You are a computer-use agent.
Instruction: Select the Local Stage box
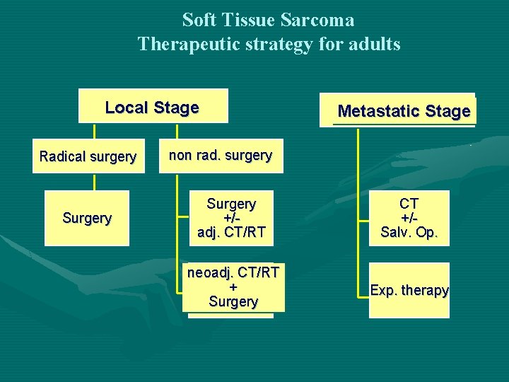pos(153,107)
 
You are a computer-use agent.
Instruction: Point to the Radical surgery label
pos(88,156)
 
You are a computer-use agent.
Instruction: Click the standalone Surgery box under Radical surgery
pos(87,218)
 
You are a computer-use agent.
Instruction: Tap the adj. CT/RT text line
pos(232,231)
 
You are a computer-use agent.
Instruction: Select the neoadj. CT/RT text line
pos(233,272)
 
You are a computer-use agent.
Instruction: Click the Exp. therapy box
pos(409,290)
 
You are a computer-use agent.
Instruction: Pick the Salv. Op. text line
pos(409,232)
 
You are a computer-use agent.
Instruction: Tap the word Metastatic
pos(379,111)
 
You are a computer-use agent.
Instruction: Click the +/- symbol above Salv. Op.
pos(409,218)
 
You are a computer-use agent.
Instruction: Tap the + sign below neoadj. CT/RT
pos(233,287)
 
